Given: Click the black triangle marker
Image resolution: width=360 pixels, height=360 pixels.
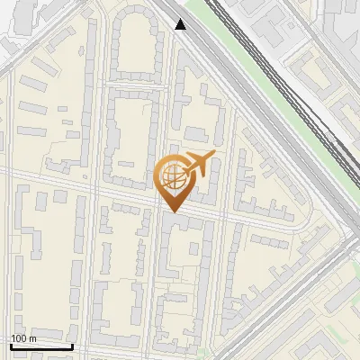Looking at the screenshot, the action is point(181,24).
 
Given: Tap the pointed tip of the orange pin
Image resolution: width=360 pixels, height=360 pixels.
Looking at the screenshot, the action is point(175,211).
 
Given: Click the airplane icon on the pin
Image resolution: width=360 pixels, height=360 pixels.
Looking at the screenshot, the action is point(199,164).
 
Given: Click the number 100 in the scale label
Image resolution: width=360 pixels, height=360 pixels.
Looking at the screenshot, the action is point(20,338).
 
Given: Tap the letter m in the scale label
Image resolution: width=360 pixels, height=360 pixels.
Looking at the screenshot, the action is point(33,338).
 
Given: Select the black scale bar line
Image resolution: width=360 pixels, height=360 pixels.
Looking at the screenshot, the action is point(41,346).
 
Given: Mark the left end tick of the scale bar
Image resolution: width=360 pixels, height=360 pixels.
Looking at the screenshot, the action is point(11,345).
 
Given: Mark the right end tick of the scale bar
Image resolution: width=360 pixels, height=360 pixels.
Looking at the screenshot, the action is point(72,345).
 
